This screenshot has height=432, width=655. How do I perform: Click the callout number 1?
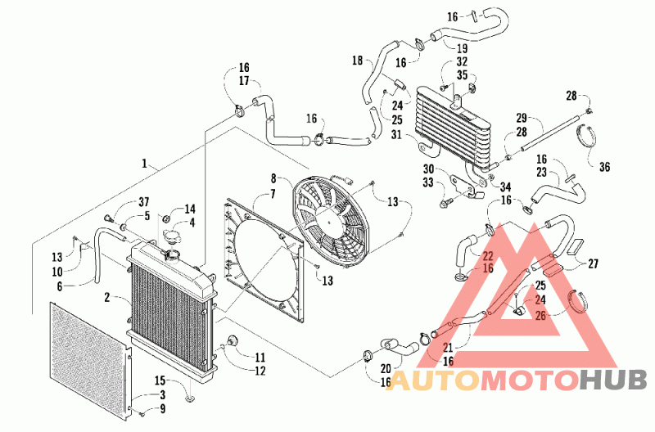tap(145, 163)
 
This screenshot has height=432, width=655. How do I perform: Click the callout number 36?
tap(604, 167)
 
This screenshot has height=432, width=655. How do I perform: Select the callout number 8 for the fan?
tap(273, 178)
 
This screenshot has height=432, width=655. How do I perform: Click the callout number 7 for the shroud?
tap(273, 194)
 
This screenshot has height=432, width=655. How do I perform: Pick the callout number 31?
tap(396, 134)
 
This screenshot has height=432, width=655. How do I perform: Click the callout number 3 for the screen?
tap(162, 394)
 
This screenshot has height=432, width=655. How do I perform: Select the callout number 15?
tap(160, 380)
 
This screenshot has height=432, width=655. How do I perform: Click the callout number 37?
tap(144, 202)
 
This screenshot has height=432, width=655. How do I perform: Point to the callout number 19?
tap(462, 48)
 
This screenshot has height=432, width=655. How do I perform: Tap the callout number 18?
tap(357, 61)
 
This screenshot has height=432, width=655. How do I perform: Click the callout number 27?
tap(593, 263)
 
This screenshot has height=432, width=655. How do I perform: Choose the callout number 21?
tap(448, 347)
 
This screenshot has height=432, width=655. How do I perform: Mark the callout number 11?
tap(260, 358)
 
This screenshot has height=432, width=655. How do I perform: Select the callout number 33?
tap(427, 182)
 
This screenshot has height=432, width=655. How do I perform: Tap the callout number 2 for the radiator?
tap(107, 297)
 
